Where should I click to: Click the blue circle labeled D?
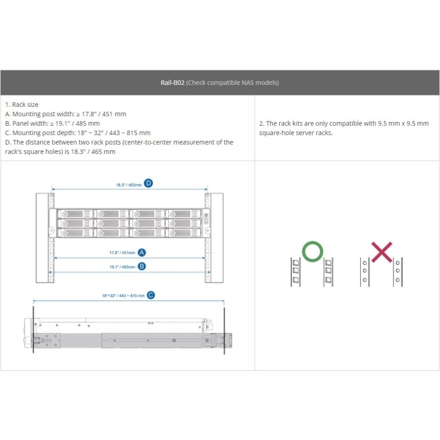pyautogui.click(x=148, y=184)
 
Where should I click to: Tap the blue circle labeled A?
pyautogui.click(x=142, y=252)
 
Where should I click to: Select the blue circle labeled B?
pyautogui.click(x=142, y=266)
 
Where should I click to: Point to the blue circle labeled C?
pyautogui.click(x=150, y=294)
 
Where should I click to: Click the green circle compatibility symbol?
pyautogui.click(x=312, y=251)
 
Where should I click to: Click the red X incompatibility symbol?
pyautogui.click(x=382, y=251)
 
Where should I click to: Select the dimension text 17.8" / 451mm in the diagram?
pyautogui.click(x=122, y=252)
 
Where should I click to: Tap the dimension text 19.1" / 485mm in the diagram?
pyautogui.click(x=122, y=267)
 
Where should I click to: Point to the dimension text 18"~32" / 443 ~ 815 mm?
pyautogui.click(x=123, y=295)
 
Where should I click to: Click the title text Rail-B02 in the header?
pyautogui.click(x=172, y=82)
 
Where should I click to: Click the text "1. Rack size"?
pyautogui.click(x=21, y=104)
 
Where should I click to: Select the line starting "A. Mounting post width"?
pyautogui.click(x=65, y=114)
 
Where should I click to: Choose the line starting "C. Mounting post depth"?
pyautogui.click(x=77, y=133)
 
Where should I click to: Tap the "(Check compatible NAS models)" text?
pyautogui.click(x=233, y=82)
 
